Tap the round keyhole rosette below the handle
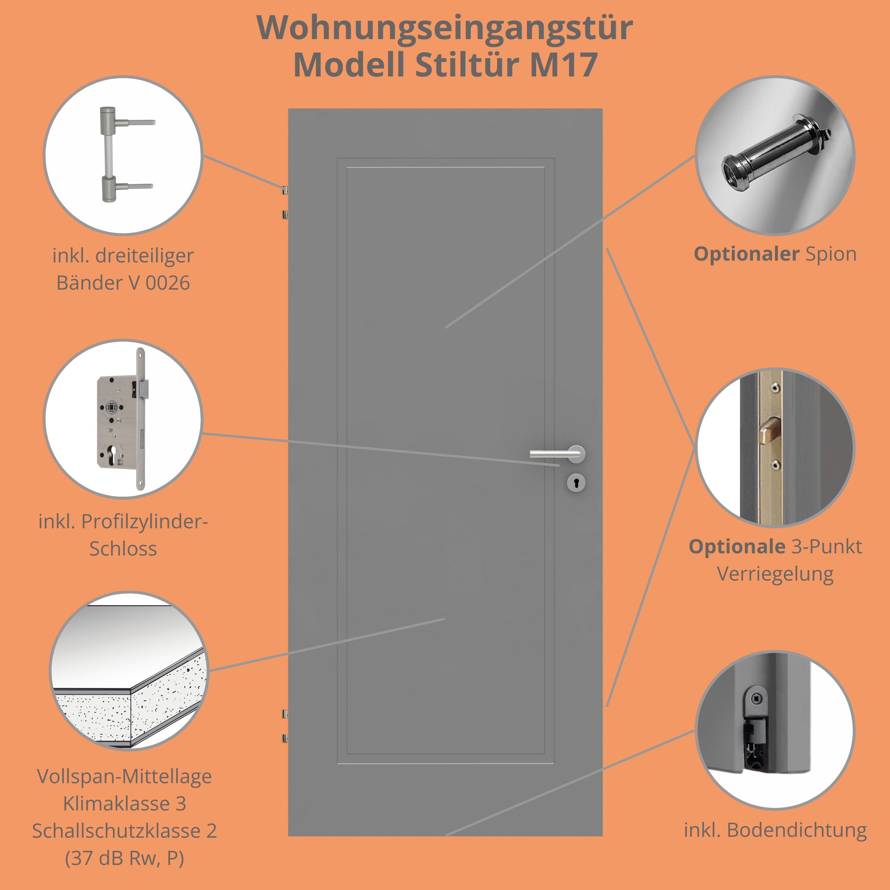[576, 483]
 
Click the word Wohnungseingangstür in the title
[444, 28]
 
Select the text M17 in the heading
[564, 65]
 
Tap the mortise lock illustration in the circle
[122, 419]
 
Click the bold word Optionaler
[746, 254]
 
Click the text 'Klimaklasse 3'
[124, 803]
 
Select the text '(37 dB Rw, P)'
[124, 858]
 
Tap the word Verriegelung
[775, 574]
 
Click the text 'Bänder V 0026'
[123, 283]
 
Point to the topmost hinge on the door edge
[285, 190]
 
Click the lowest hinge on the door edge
[285, 738]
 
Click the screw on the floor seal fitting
[756, 699]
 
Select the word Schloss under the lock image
[123, 549]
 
